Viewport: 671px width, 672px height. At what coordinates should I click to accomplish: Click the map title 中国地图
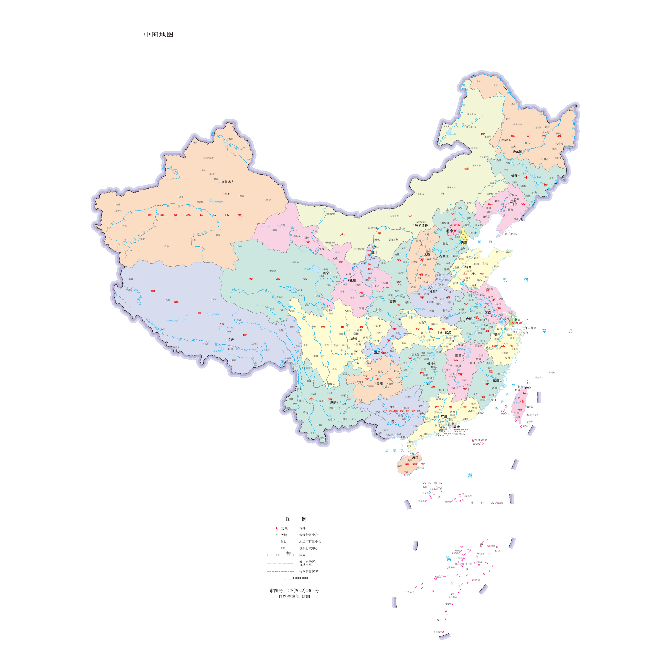[x=159, y=34]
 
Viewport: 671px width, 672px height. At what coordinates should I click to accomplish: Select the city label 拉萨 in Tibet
[x=231, y=340]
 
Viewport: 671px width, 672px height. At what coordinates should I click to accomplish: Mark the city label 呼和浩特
[x=422, y=225]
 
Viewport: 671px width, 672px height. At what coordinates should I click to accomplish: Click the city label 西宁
[x=326, y=273]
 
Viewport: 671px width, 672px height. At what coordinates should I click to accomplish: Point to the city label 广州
[x=444, y=416]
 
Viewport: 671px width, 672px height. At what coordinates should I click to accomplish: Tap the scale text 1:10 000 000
[x=296, y=578]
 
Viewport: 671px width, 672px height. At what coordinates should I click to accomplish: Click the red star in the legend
[x=277, y=528]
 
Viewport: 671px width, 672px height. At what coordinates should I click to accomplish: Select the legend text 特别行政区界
[x=309, y=571]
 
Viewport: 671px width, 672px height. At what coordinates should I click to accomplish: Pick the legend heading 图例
[x=296, y=519]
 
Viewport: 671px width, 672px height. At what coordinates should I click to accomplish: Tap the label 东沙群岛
[x=481, y=440]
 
